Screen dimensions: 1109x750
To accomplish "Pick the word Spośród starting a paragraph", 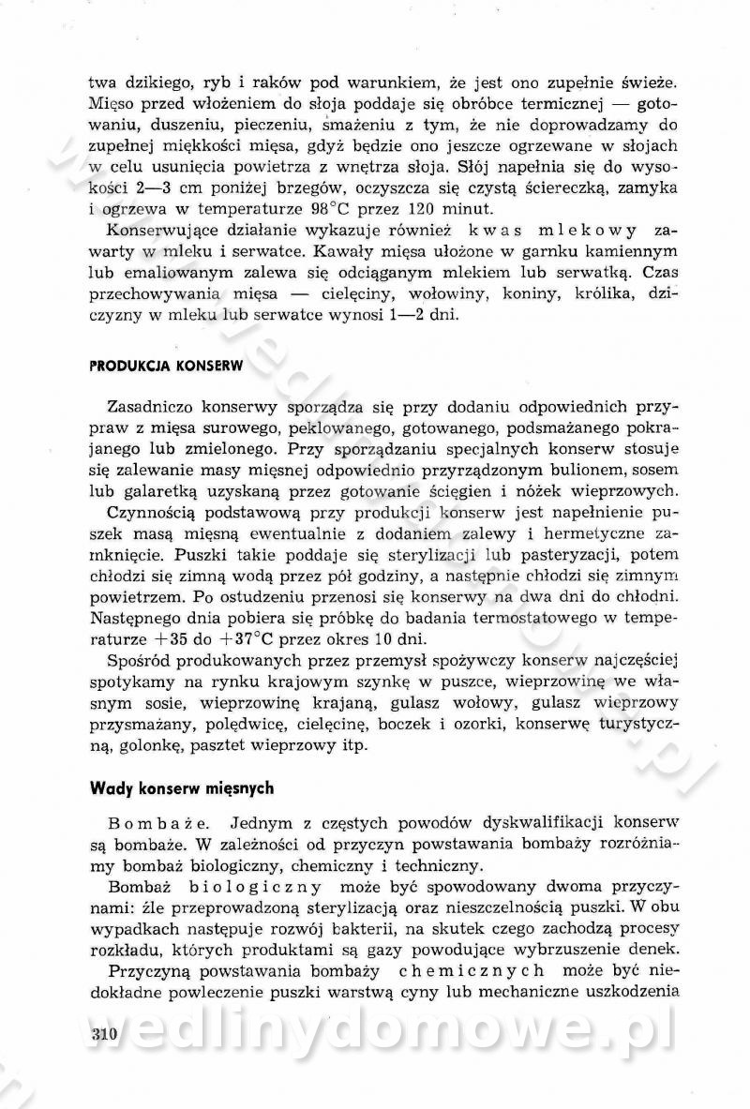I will coord(142,660).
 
